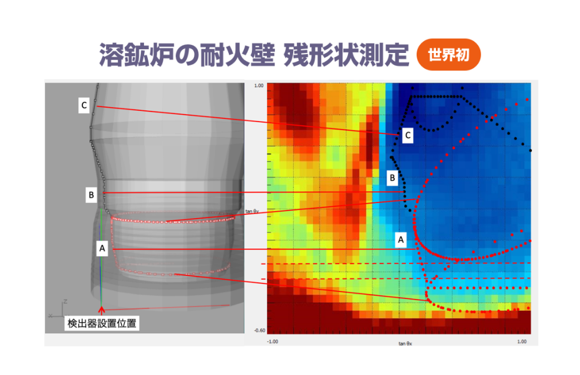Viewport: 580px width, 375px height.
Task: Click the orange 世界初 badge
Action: (x=448, y=55)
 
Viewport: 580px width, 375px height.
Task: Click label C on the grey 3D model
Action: (x=83, y=105)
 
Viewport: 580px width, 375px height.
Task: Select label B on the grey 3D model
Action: (x=91, y=195)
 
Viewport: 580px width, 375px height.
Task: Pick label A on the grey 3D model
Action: (x=102, y=249)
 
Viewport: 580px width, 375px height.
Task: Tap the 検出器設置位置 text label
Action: (x=102, y=323)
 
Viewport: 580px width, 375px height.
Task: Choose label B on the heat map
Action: (x=392, y=178)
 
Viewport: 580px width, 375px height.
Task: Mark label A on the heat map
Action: (x=402, y=239)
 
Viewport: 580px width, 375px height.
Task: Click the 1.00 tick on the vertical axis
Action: (x=259, y=86)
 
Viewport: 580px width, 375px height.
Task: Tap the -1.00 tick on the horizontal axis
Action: (x=273, y=341)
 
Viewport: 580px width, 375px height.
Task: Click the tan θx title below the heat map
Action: (x=406, y=343)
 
